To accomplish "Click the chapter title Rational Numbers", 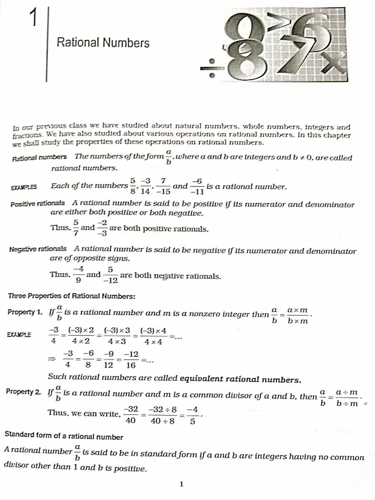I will [x=103, y=42].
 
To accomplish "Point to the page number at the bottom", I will [x=181, y=484].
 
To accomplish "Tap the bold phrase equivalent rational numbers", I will [x=241, y=379].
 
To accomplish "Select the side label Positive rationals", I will [x=37, y=204].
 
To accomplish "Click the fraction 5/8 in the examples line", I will [x=132, y=186].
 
